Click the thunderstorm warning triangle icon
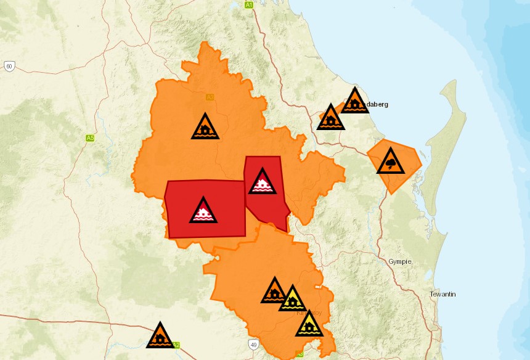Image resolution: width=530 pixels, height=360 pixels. click(x=391, y=162)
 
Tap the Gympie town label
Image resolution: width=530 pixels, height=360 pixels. click(x=399, y=262)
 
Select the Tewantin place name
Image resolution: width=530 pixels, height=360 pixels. click(x=442, y=295)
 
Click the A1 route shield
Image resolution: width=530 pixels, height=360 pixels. click(x=249, y=5)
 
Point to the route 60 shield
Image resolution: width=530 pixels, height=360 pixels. click(x=9, y=66)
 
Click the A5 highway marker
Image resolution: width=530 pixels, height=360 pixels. click(x=90, y=138)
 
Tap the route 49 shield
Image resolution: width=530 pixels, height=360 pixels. click(x=253, y=343)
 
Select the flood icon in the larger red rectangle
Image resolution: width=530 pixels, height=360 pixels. click(x=203, y=211)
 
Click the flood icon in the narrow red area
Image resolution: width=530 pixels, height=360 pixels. click(x=263, y=182)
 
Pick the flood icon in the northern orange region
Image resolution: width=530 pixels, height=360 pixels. click(x=205, y=128)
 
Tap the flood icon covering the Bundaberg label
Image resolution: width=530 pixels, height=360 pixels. click(x=354, y=102)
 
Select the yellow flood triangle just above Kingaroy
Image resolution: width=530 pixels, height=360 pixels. click(x=293, y=300)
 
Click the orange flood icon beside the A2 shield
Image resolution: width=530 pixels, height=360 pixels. click(x=160, y=337)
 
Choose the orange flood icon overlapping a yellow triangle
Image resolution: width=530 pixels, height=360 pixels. click(x=275, y=292)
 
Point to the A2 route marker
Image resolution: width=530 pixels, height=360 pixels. click(x=177, y=345)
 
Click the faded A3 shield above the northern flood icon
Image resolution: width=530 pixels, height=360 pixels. click(x=210, y=97)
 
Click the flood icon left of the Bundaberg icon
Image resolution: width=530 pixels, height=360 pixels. click(x=331, y=118)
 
